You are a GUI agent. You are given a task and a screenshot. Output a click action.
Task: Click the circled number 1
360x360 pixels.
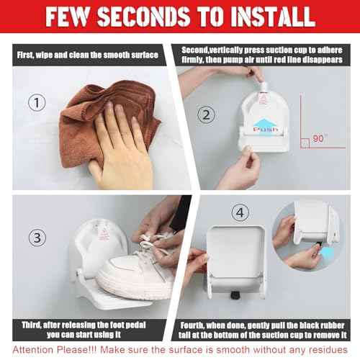click(37, 103)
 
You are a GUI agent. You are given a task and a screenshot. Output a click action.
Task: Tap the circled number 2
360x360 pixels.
click(206, 114)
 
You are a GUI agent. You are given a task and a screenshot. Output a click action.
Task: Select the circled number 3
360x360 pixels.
click(37, 238)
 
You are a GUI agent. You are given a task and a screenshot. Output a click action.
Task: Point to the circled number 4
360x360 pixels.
click(240, 212)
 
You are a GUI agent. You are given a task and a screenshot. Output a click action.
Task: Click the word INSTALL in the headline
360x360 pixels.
click(273, 17)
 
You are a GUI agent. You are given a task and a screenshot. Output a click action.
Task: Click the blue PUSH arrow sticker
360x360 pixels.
click(265, 126)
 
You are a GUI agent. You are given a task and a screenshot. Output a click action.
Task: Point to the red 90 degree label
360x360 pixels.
click(320, 138)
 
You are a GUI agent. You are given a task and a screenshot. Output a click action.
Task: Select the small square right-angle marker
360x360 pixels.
click(305, 143)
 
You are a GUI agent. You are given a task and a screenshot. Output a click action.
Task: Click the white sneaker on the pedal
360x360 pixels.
click(135, 276)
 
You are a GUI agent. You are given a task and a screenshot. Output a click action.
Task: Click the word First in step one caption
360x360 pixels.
click(25, 55)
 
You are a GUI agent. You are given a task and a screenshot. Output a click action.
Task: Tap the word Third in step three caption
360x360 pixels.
click(31, 325)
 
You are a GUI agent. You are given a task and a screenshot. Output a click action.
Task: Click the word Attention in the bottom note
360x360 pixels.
click(34, 350)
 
